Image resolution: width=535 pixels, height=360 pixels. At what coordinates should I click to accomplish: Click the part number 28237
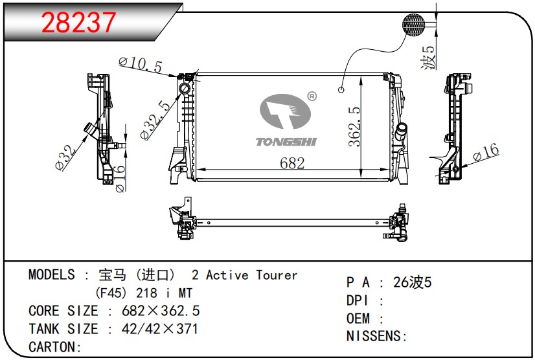78,23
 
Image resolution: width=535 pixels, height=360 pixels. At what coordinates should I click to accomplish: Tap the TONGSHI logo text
286,142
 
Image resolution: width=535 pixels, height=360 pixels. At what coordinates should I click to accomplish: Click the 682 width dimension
293,163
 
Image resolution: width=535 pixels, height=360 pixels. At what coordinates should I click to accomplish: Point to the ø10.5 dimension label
140,63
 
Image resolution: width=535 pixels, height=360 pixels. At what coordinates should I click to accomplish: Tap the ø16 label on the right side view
486,152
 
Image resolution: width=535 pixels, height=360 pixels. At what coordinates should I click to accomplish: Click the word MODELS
52,275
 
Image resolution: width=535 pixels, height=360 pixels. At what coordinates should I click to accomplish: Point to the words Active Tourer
252,275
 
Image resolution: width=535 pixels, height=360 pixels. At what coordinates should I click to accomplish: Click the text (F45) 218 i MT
143,293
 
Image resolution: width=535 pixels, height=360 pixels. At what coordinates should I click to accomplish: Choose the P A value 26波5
413,282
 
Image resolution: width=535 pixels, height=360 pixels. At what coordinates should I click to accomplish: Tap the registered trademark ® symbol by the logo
312,96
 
